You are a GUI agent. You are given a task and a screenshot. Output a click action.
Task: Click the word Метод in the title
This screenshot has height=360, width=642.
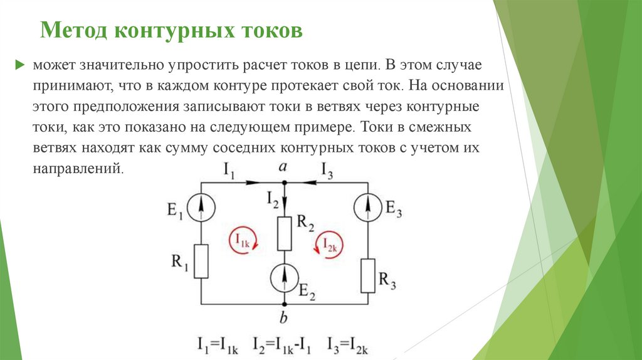point(69,30)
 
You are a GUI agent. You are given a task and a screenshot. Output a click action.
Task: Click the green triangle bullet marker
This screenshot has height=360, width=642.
point(20,65)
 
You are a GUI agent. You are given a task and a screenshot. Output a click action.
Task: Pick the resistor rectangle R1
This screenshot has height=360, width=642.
point(201,262)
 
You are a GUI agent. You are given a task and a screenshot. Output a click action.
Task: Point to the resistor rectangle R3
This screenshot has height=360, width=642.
point(368,275)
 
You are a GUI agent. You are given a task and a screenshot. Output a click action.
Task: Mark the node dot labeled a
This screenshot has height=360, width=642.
point(285,183)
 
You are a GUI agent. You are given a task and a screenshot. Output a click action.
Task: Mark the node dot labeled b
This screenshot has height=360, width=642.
point(285,304)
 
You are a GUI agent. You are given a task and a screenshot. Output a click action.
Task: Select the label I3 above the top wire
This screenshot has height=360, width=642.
point(327,170)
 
